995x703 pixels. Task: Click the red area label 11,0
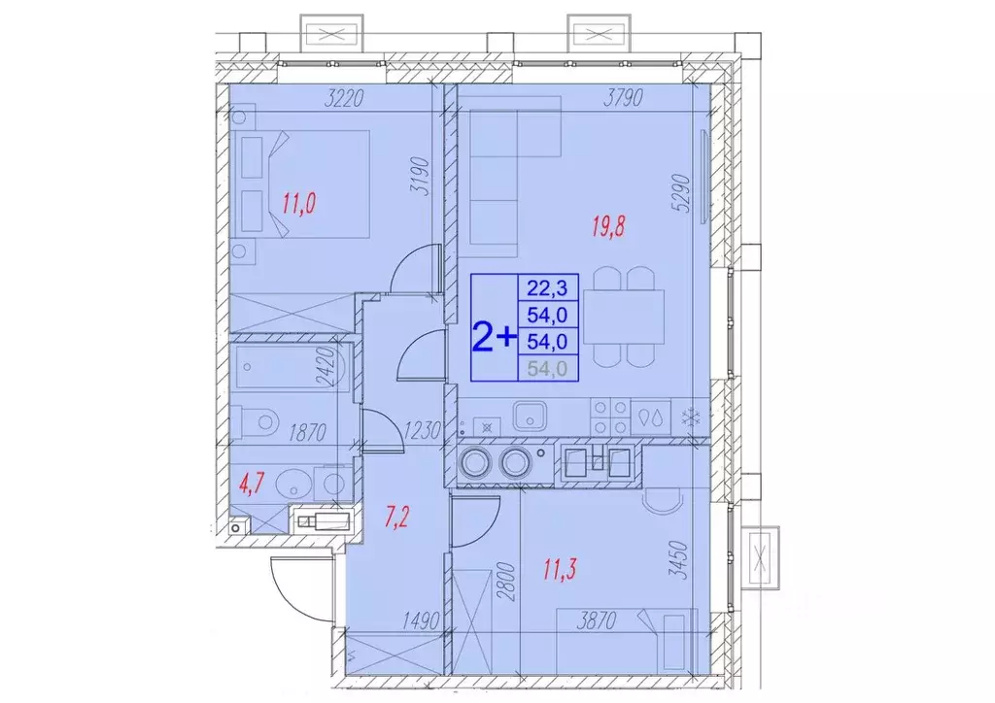pyautogui.click(x=299, y=204)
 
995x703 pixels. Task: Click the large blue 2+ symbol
pyautogui.click(x=494, y=336)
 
